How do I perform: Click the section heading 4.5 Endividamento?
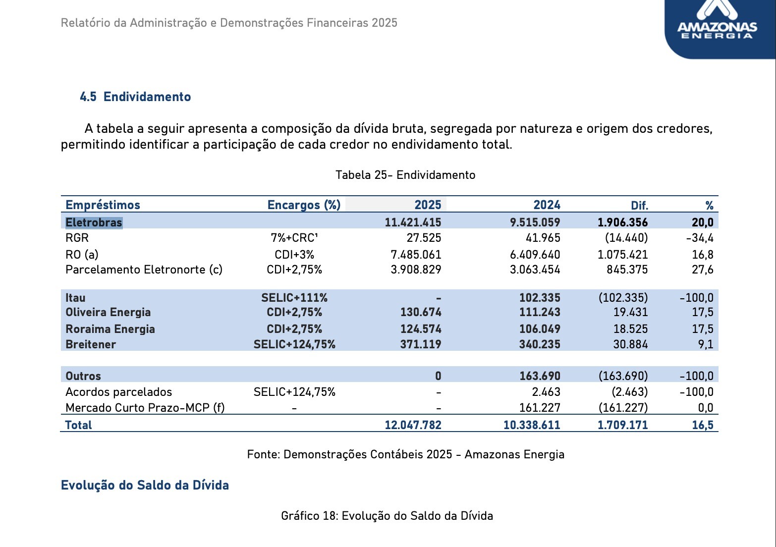[x=135, y=97]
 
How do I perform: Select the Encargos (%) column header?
[x=304, y=205]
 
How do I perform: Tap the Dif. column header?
[x=639, y=206]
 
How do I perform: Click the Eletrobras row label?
[x=94, y=222]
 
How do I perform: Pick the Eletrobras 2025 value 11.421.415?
[x=413, y=222]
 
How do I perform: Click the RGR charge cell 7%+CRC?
[x=294, y=238]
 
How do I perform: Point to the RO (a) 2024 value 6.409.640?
[x=535, y=255]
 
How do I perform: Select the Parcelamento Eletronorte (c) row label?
[x=144, y=270]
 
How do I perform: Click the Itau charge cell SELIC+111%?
[x=294, y=298]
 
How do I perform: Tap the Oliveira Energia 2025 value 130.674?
[x=421, y=312]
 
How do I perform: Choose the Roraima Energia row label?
[x=110, y=329]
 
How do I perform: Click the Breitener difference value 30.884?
[x=630, y=344]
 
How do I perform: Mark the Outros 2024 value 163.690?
[x=540, y=376]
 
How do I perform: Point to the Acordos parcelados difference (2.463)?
[x=629, y=392]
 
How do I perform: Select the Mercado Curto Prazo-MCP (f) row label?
[x=145, y=408]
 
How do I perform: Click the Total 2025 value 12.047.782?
[x=413, y=425]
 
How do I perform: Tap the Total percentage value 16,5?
[x=703, y=425]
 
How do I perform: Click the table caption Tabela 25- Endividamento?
[x=405, y=175]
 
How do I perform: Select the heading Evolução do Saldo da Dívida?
[x=145, y=486]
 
